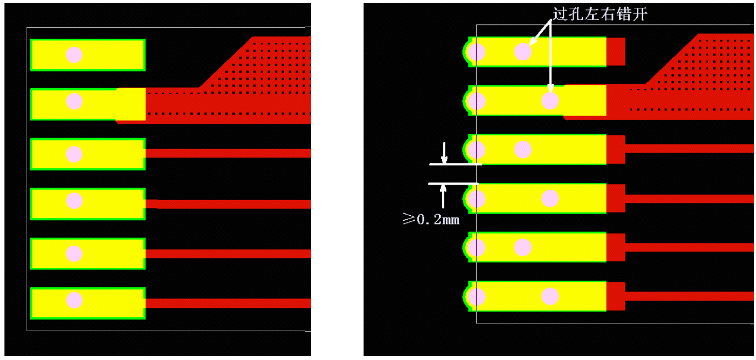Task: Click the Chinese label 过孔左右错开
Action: tap(599, 14)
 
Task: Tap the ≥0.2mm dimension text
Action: tap(431, 219)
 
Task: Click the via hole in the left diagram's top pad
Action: tap(74, 55)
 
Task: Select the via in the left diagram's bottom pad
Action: tap(74, 300)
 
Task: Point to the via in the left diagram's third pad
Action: tap(74, 154)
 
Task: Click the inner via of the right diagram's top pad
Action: tap(523, 52)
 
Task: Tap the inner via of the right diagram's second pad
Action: tap(550, 100)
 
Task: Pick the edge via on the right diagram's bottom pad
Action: tap(477, 297)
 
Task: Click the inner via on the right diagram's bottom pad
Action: tap(550, 297)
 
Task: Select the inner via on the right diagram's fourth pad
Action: tap(550, 199)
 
